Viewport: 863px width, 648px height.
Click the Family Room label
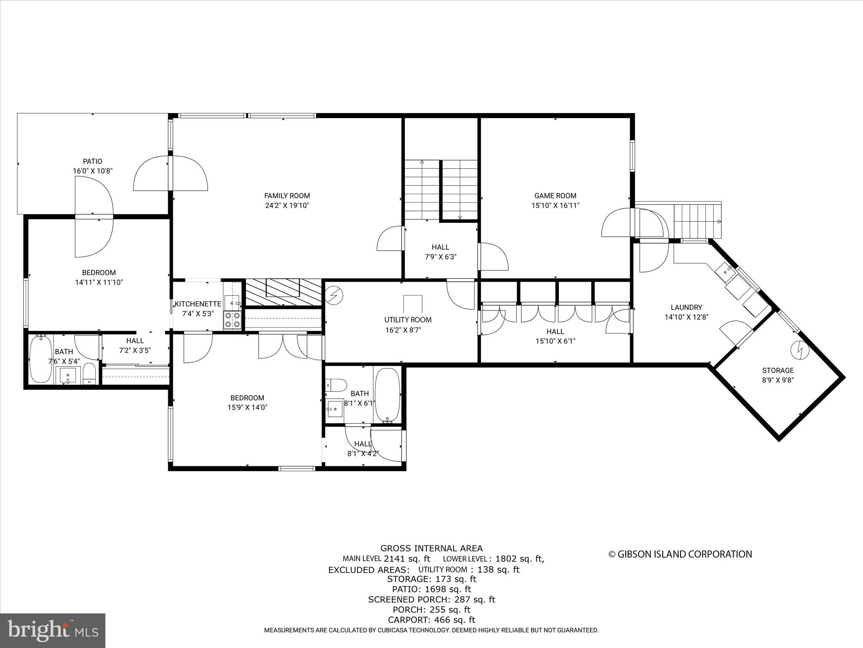point(287,196)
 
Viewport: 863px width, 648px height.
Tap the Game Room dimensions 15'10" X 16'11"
point(555,205)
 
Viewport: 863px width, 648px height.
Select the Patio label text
point(92,161)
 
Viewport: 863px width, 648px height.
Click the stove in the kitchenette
point(232,320)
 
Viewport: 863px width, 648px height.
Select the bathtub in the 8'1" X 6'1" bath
point(387,395)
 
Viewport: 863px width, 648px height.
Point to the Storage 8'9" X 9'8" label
point(777,375)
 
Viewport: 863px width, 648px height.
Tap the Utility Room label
point(407,320)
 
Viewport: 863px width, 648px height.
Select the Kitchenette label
point(198,304)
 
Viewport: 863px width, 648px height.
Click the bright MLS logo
point(53,630)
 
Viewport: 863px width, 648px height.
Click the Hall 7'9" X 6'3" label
point(440,252)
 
